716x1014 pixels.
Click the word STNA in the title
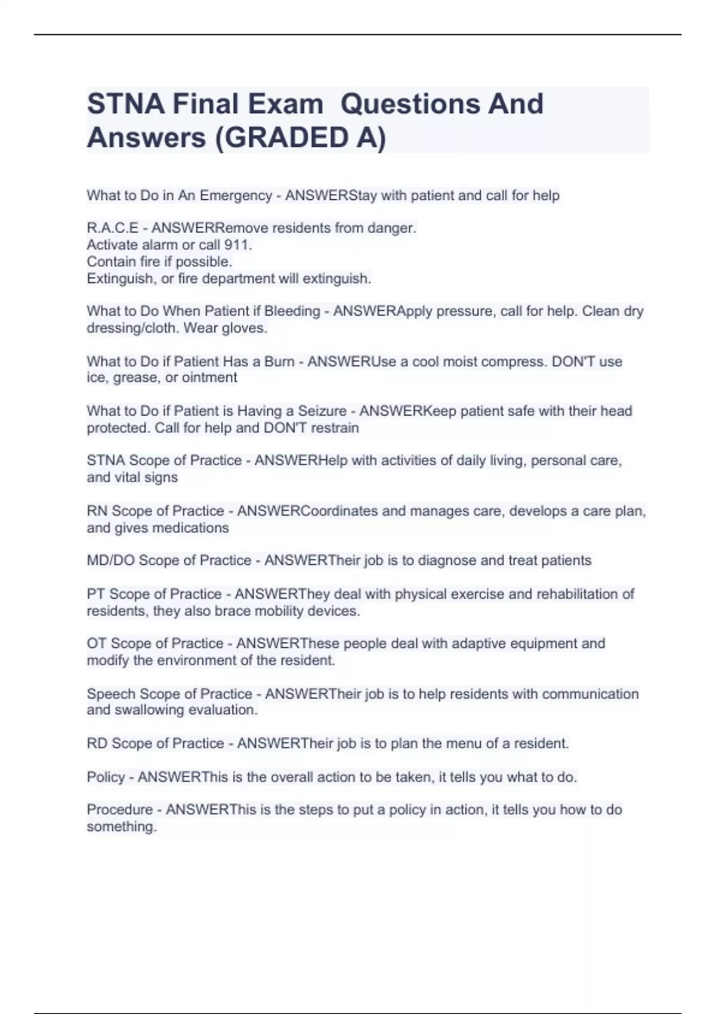pos(126,104)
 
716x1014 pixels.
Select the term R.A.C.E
pos(112,228)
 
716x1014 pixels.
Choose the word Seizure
pos(322,411)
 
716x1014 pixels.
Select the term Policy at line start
pos(106,777)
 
